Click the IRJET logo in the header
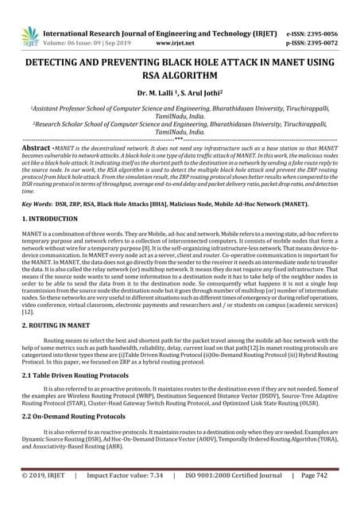[x=31, y=33]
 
